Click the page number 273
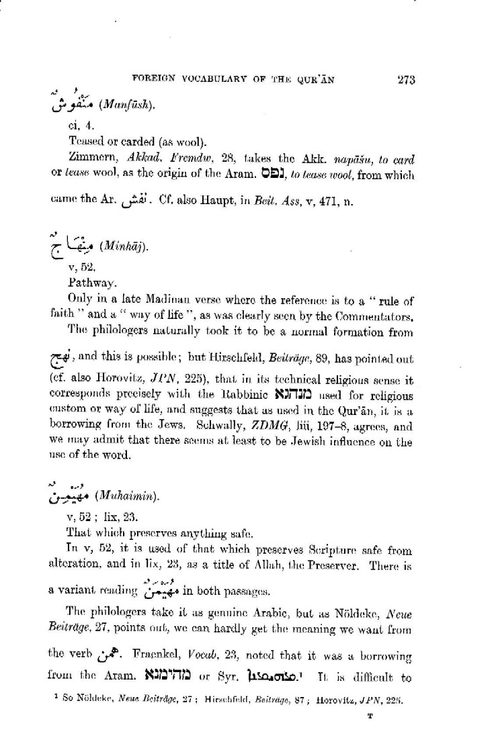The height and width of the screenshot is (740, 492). click(407, 80)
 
